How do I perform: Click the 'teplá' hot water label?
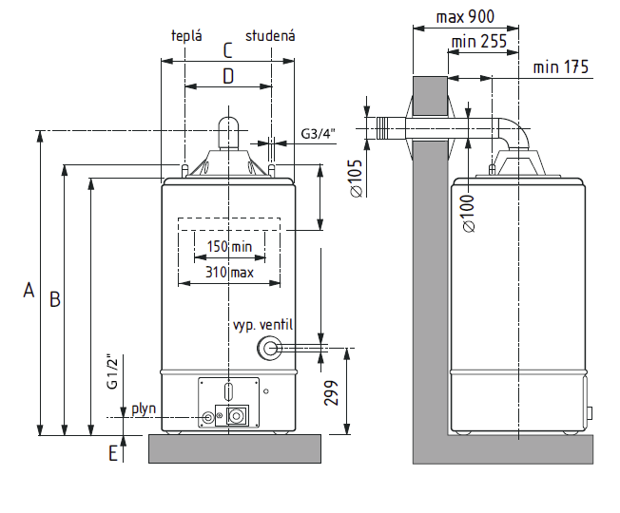click(x=186, y=36)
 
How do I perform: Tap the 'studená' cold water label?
click(x=270, y=36)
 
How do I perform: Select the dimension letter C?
click(x=228, y=50)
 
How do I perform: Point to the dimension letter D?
click(x=228, y=76)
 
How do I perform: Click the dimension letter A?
click(x=29, y=290)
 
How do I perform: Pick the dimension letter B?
click(x=55, y=299)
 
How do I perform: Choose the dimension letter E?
click(x=113, y=453)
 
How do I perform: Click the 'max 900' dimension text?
click(x=465, y=16)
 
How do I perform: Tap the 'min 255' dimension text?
click(x=479, y=41)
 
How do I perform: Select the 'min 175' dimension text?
click(x=561, y=66)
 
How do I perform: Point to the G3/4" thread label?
click(x=318, y=134)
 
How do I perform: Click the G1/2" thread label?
click(x=113, y=373)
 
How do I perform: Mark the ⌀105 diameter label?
click(x=357, y=178)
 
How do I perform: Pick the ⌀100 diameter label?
click(x=469, y=213)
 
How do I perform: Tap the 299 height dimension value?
click(x=331, y=393)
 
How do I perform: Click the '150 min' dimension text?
click(x=229, y=247)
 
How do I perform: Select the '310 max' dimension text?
click(x=229, y=272)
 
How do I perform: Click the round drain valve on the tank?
click(x=269, y=349)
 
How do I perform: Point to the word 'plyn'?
click(x=144, y=408)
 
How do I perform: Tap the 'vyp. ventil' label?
click(x=263, y=325)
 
